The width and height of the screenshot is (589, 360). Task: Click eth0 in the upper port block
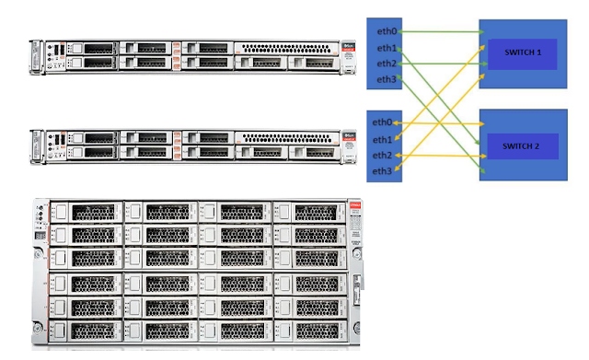(x=386, y=32)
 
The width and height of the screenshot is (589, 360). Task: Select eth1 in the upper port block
(x=386, y=48)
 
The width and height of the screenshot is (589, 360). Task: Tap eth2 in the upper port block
(x=386, y=64)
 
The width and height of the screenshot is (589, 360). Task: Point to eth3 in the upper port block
(x=386, y=80)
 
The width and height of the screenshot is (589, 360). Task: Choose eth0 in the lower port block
(x=382, y=122)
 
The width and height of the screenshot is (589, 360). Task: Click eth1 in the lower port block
(x=382, y=139)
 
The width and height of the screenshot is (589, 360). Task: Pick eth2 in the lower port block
(x=382, y=155)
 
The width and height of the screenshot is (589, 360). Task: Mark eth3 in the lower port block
(x=382, y=171)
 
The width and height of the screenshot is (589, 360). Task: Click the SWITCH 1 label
(x=521, y=52)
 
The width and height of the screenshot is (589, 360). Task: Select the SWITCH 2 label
(x=521, y=146)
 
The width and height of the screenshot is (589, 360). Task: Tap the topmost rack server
(x=193, y=55)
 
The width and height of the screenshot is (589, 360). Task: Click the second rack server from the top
(x=193, y=146)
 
